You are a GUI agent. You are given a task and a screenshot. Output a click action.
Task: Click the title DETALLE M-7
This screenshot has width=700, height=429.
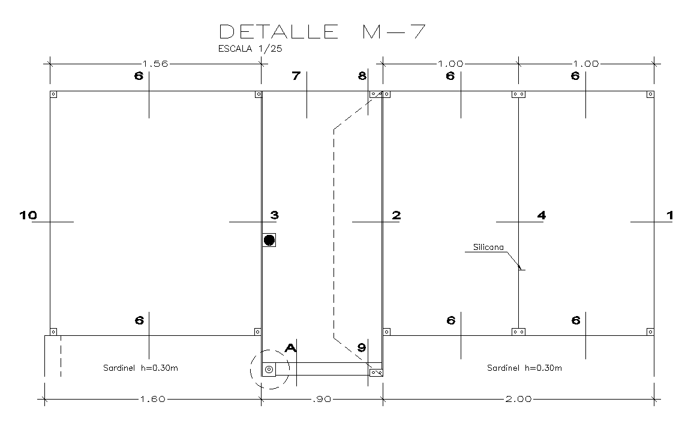coord(323,31)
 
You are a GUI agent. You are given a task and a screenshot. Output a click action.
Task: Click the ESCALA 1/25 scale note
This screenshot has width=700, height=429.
coord(250,49)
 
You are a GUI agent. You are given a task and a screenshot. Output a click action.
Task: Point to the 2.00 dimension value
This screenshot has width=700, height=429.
coord(519,400)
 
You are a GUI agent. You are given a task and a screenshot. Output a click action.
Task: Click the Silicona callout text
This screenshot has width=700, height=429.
coord(488,247)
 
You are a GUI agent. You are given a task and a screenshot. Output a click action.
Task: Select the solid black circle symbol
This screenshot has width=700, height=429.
coord(269,240)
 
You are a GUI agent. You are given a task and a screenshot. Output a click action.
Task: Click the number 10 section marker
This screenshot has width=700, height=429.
coord(28,215)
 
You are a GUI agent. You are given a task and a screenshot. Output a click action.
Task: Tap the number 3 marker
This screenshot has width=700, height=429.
coord(274,215)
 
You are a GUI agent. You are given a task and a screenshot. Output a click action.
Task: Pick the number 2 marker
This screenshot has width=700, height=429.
coord(396,215)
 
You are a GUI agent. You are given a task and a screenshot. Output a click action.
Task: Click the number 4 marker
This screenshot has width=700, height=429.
coord(541,215)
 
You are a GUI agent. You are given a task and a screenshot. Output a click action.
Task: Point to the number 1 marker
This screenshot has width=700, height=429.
coord(670,215)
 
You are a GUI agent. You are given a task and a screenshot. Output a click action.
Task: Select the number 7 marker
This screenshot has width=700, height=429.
coord(295,76)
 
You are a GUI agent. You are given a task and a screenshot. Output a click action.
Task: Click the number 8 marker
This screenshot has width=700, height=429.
coord(361,76)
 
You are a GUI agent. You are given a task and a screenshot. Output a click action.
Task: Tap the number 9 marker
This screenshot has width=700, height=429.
coord(361,347)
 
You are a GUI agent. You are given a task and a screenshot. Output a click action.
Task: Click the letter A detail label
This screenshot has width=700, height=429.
coord(291,347)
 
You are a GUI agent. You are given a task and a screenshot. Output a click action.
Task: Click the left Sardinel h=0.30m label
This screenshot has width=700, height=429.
coord(140,368)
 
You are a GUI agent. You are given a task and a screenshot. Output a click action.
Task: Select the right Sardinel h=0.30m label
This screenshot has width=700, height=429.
coord(525,368)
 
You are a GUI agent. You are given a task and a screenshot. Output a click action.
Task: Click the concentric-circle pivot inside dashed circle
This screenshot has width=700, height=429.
coord(269,369)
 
